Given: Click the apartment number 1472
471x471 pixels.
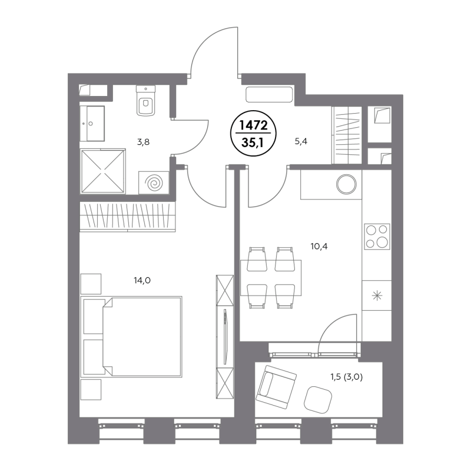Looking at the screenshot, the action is pos(253,125).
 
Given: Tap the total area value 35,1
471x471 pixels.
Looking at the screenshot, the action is pos(253,142).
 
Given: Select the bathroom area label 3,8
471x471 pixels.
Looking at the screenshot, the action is pos(143,142).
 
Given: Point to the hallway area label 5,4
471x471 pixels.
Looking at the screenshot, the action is pos(301,141).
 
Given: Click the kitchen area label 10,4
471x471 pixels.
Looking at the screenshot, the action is pos(319,246).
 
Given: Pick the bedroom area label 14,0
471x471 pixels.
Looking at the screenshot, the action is pos(142,280).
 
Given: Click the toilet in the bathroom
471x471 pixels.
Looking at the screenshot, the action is pos(145,101).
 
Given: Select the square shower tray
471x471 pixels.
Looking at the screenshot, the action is pos(103,171).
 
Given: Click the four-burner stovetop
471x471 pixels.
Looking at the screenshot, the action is pos(377,237).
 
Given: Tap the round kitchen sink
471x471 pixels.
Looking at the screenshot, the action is pos(346,184).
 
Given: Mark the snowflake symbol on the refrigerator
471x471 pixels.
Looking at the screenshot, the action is pos(377,296).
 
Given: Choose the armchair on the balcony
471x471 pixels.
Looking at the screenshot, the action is pos(276,387).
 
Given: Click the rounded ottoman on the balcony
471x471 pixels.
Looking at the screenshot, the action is pos(318,400).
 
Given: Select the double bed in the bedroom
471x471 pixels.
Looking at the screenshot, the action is pos(131,337).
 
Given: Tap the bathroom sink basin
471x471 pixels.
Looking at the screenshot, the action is pos(92,124).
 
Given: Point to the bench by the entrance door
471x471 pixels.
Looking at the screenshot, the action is pos(269,94).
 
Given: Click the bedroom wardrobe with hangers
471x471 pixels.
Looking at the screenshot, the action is pos(127,217).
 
